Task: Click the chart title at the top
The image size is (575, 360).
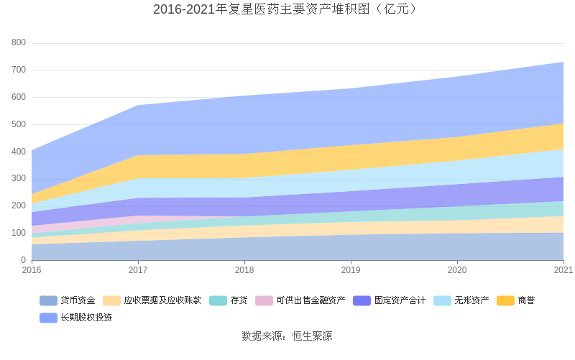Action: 287,9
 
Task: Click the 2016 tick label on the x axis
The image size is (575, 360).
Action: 32,271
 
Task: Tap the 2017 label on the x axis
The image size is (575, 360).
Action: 138,271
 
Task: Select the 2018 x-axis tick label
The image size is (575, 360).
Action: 244,271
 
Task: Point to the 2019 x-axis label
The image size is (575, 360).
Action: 351,271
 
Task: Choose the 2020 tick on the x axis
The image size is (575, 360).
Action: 457,271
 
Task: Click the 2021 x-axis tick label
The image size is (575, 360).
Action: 563,271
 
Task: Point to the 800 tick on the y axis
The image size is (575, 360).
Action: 19,43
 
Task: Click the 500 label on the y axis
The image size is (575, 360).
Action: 19,124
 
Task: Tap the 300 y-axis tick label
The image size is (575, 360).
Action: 19,178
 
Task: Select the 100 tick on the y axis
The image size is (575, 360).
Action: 19,233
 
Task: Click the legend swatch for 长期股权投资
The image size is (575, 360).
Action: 48,318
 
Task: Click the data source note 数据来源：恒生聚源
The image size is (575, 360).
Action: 287,336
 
